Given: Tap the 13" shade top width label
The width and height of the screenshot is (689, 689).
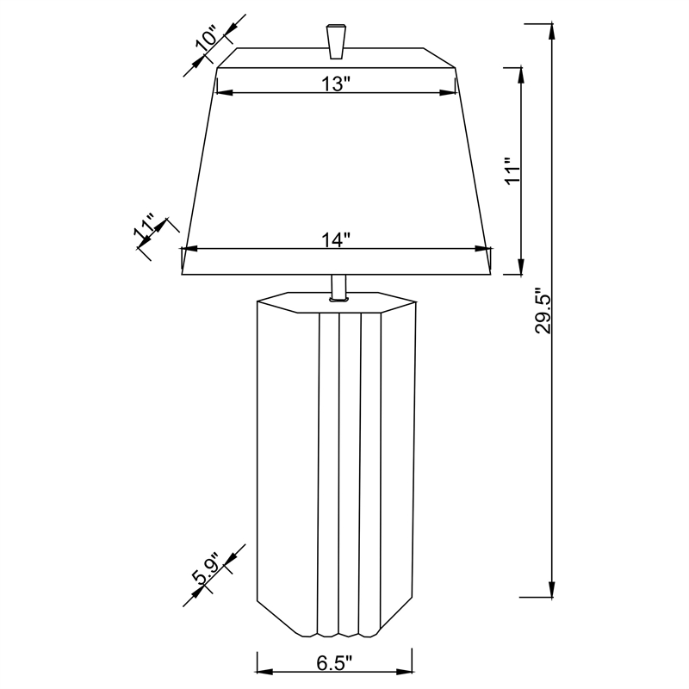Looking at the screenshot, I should pos(335,84).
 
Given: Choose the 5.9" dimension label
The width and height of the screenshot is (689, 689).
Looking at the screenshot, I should pos(207,569).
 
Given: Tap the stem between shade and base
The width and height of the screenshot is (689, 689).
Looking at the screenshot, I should pos(338,286).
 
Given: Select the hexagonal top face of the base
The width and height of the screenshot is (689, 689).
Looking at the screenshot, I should pos(336,303).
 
